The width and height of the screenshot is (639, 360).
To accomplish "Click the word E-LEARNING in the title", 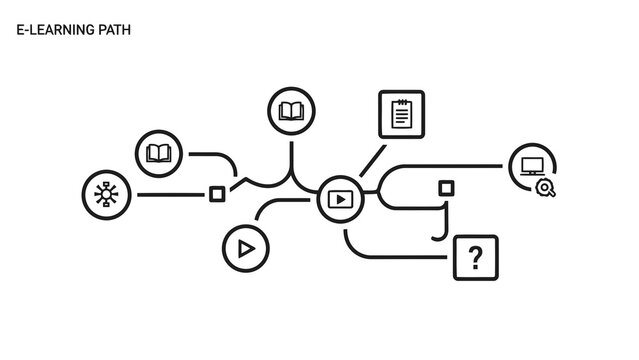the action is (56, 31).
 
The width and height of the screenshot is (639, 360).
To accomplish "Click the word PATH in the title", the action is (115, 31).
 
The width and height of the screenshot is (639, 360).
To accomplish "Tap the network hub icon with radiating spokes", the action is (105, 194).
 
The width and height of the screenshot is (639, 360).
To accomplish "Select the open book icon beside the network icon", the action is (159, 154).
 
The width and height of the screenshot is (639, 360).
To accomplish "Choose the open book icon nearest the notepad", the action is (291, 111).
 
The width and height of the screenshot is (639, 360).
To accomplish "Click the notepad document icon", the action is (401, 114).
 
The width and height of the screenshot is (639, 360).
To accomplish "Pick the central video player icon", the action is (340, 199).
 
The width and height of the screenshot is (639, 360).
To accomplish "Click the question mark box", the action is (475, 258).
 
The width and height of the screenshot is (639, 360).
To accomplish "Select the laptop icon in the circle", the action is (532, 165).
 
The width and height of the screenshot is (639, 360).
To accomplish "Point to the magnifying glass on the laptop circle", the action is (545, 187).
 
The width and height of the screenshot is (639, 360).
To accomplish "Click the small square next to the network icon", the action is (216, 194).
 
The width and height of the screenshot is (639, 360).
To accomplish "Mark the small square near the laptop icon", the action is (446, 188).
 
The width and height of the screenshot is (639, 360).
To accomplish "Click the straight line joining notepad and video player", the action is (372, 160).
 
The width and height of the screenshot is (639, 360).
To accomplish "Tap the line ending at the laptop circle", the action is (450, 166).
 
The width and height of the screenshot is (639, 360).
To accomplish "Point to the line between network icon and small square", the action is (170, 194).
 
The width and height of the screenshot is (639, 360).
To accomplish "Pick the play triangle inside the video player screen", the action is (340, 199).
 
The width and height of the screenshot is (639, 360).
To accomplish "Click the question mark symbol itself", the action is (475, 258).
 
